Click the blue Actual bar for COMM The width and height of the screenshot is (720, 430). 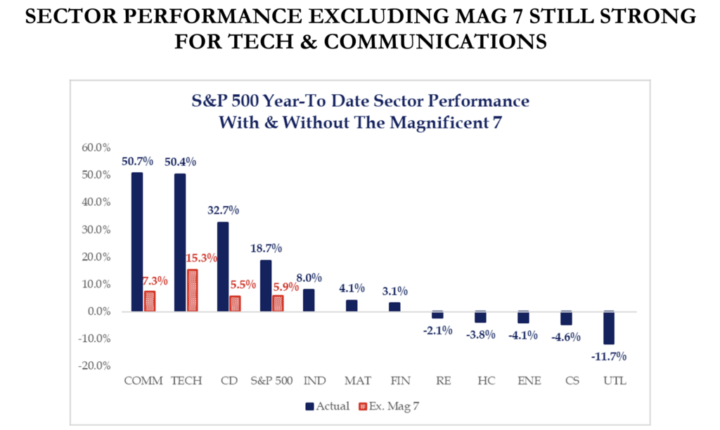tap(137, 242)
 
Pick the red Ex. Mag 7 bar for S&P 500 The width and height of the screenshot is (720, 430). tap(278, 303)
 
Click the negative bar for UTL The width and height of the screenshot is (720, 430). tap(609, 327)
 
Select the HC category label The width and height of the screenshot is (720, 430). tap(485, 381)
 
